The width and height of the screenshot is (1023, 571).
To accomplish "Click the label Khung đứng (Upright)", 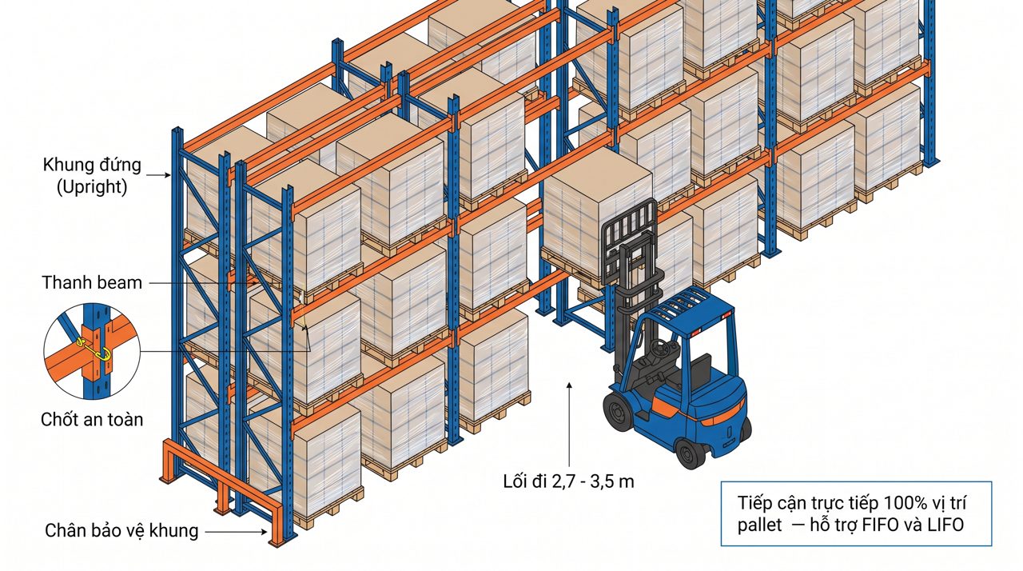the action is [x=92, y=176].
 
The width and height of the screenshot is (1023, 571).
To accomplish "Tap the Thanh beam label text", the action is [x=92, y=283].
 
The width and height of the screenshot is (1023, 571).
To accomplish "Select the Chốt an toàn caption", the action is [x=92, y=419].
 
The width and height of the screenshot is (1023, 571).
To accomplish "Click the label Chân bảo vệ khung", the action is [x=121, y=531].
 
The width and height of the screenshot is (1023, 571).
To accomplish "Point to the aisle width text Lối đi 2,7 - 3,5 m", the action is [x=568, y=481].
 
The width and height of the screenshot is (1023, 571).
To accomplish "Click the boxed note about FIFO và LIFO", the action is [x=856, y=513].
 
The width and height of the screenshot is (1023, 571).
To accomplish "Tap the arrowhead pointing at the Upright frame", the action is [x=168, y=175].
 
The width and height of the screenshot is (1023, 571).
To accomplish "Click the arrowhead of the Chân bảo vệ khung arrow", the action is [x=264, y=531].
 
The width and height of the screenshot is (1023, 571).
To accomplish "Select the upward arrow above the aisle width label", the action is [x=569, y=424].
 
